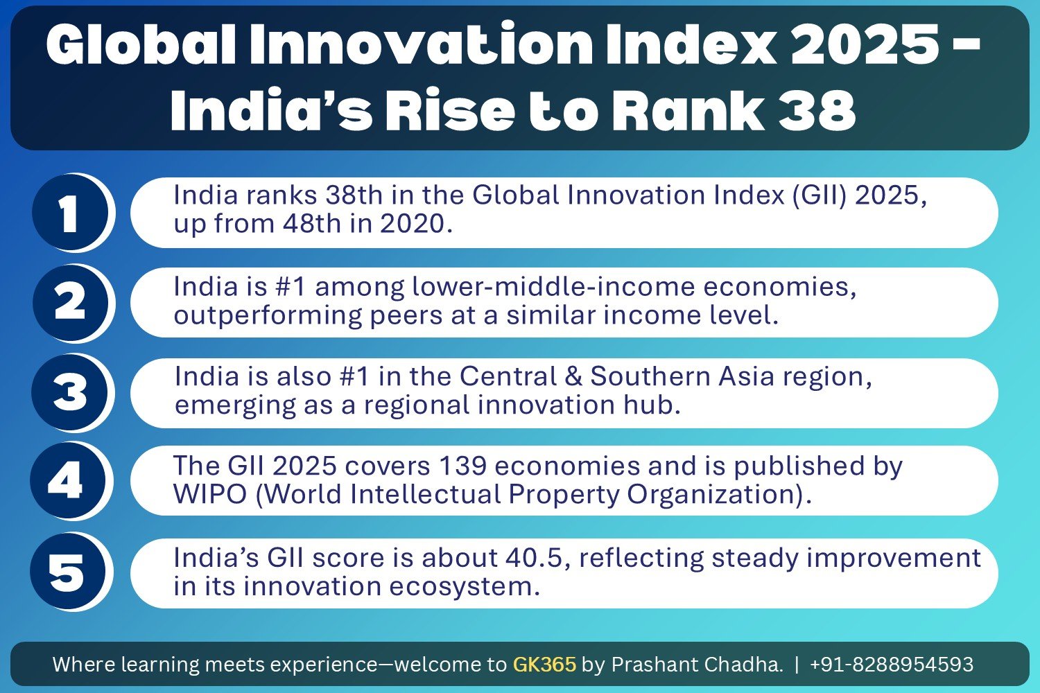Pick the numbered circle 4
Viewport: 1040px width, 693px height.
[67, 480]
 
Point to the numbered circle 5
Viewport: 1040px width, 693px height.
[67, 572]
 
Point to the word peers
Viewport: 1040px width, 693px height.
[406, 315]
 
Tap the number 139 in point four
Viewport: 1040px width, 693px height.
[462, 466]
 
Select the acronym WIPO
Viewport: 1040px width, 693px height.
[209, 495]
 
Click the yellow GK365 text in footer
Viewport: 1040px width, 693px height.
[544, 665]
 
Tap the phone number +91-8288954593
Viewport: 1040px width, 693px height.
[891, 665]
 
